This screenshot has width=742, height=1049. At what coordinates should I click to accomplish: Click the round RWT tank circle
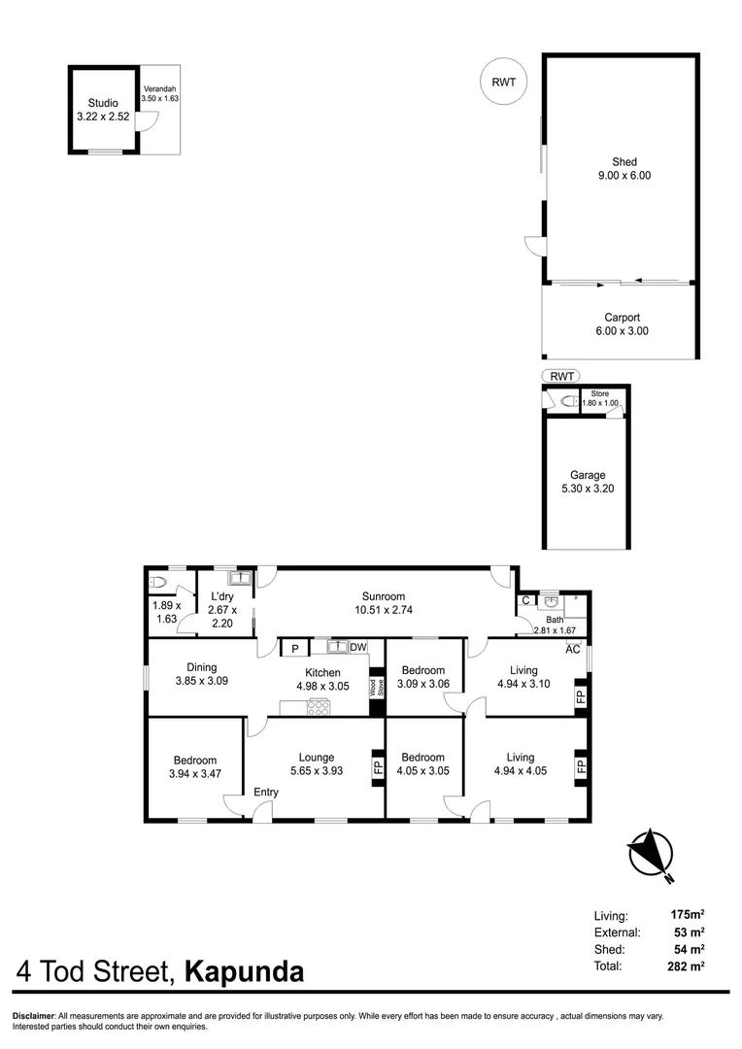tap(504, 82)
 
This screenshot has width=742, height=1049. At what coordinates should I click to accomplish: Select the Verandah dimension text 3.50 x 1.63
tap(160, 98)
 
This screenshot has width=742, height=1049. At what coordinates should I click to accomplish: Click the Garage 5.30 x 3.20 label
tap(589, 482)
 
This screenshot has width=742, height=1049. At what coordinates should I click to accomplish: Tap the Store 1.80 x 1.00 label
tap(599, 398)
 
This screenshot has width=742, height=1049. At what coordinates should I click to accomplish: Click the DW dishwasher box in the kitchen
tap(358, 648)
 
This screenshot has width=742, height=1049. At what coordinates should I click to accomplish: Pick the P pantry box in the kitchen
tap(293, 649)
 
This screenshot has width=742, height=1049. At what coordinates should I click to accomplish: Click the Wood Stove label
tap(375, 688)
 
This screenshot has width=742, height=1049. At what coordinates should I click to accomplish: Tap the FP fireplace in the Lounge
tap(378, 767)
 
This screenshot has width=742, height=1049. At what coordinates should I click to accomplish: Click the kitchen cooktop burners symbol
tap(320, 707)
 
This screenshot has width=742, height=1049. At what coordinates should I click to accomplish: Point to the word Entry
tap(265, 793)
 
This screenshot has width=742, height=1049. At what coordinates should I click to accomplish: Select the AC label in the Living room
tap(573, 650)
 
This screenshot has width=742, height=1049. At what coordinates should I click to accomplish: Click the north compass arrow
tap(650, 856)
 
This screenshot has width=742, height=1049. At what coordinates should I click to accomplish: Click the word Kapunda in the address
tap(244, 971)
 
